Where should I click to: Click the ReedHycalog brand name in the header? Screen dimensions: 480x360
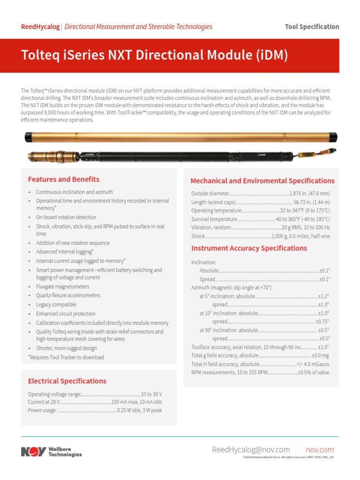click(40, 27)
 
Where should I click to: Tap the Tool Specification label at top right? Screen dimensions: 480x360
click(312, 27)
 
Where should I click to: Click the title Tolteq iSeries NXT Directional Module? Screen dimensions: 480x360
click(154, 56)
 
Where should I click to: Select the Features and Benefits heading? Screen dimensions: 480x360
click(64, 179)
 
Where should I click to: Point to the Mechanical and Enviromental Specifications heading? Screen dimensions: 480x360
click(262, 180)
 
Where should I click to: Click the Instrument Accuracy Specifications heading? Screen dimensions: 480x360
click(249, 248)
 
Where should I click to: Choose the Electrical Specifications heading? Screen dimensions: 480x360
click(67, 381)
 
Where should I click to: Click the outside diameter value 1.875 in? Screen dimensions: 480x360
click(309, 194)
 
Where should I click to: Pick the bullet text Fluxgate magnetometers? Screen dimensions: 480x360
click(62, 286)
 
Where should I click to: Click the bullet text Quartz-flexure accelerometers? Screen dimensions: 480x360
click(68, 295)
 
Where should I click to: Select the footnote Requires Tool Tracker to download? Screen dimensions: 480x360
click(66, 357)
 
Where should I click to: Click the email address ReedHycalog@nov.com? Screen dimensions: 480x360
click(251, 450)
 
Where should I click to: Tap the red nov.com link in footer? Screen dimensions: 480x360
click(320, 450)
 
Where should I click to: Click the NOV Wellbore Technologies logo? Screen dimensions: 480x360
click(51, 451)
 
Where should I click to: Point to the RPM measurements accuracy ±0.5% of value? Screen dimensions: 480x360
click(314, 372)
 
